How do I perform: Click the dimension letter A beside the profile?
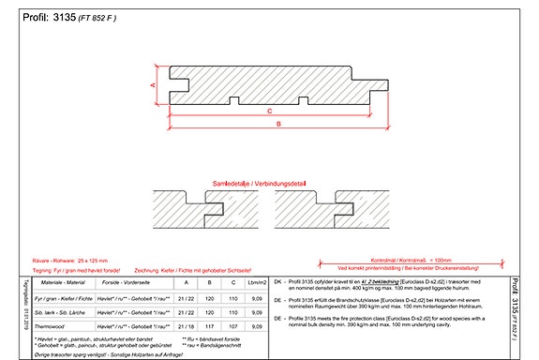click(153, 84)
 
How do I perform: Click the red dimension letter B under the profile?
click(278, 133)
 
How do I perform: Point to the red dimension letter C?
click(269, 111)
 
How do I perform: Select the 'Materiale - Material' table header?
click(62, 282)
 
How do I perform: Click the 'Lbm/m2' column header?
click(257, 282)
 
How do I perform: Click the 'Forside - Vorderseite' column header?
click(130, 282)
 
